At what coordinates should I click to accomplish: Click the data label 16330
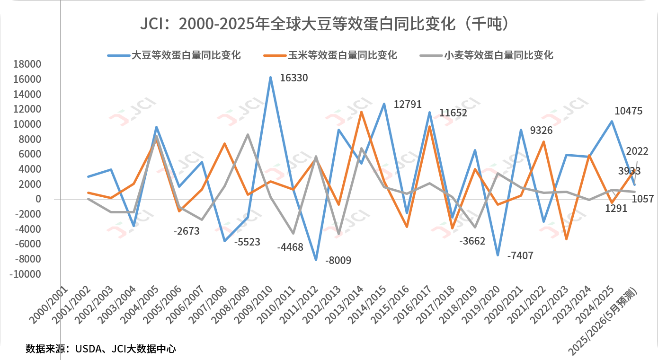pos(294,78)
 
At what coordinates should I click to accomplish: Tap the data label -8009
pos(338,260)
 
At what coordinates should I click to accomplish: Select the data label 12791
pos(408,105)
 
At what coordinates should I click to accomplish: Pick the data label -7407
pos(520,256)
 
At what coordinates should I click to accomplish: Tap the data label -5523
pos(248,242)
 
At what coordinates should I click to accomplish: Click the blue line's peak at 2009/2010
pos(271,77)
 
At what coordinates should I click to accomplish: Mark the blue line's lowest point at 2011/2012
pos(316,260)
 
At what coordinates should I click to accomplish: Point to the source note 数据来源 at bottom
pos(101,349)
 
